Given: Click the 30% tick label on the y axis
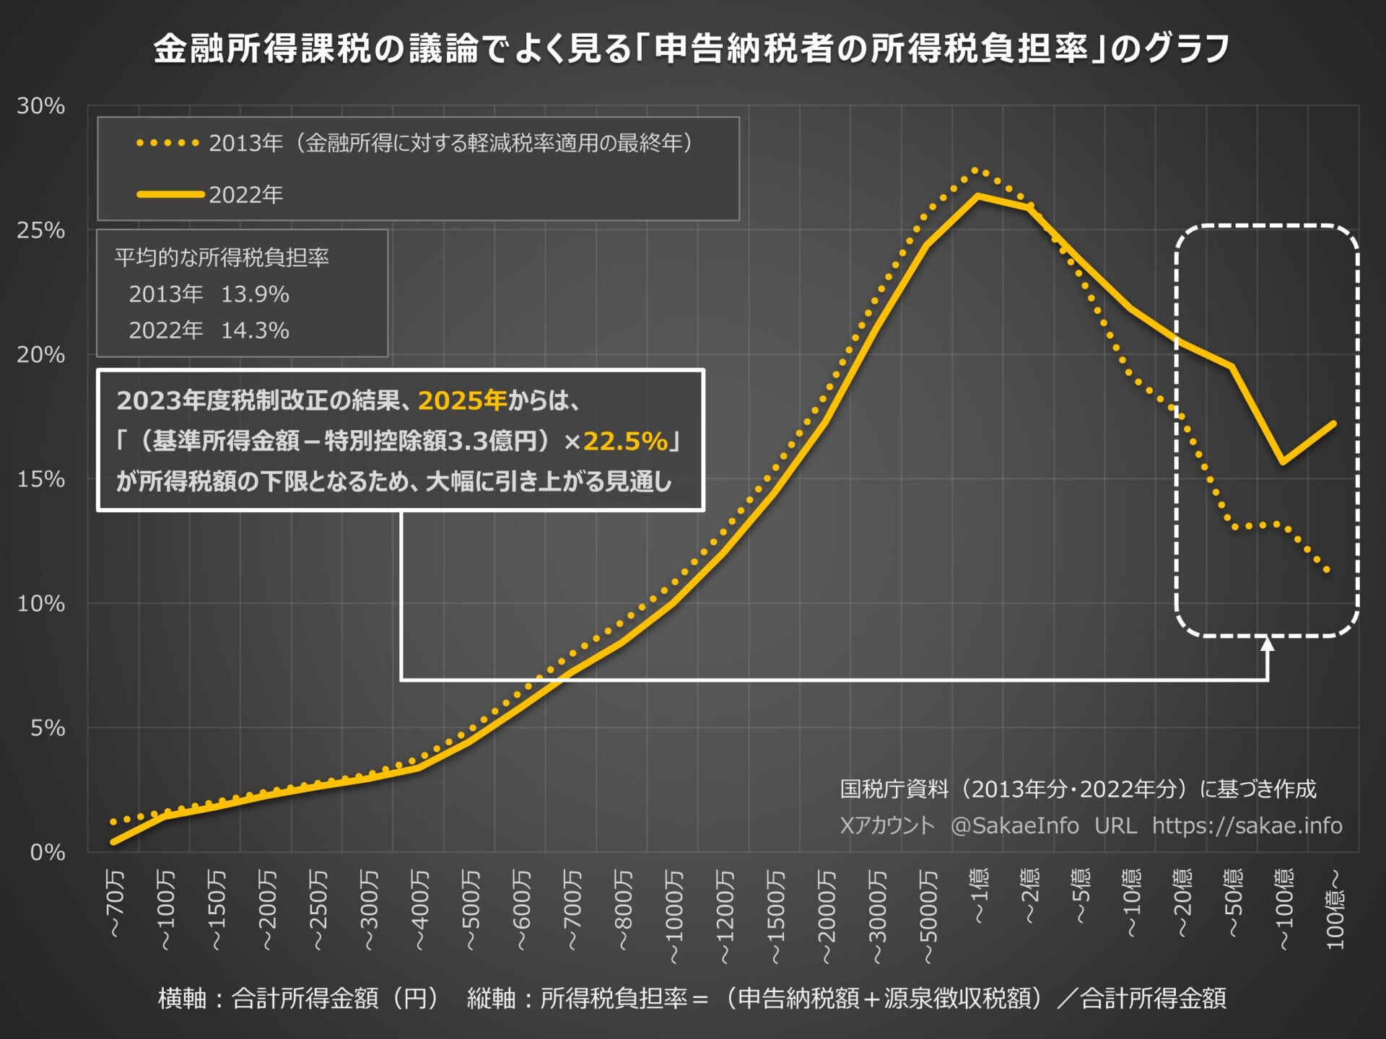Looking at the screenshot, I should (41, 106).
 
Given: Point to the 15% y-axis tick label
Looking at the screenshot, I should (41, 479).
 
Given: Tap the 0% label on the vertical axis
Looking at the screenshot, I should (48, 852).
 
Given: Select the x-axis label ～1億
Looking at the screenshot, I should (979, 896).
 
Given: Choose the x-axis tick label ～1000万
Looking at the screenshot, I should (674, 916).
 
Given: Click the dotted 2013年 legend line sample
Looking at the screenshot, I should (168, 143).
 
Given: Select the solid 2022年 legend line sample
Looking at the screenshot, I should (170, 194).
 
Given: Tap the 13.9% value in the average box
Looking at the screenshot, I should (255, 294).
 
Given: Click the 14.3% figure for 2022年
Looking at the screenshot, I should (255, 330).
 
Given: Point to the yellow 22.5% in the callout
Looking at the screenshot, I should (625, 441).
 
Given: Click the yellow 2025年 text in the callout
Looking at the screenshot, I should (462, 400).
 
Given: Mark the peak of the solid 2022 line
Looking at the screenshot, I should (978, 196).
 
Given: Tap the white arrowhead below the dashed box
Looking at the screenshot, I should (1268, 644).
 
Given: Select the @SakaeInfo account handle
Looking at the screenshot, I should (1014, 825).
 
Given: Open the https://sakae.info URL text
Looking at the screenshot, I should (1247, 825).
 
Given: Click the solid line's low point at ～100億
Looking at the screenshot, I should (1283, 462).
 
